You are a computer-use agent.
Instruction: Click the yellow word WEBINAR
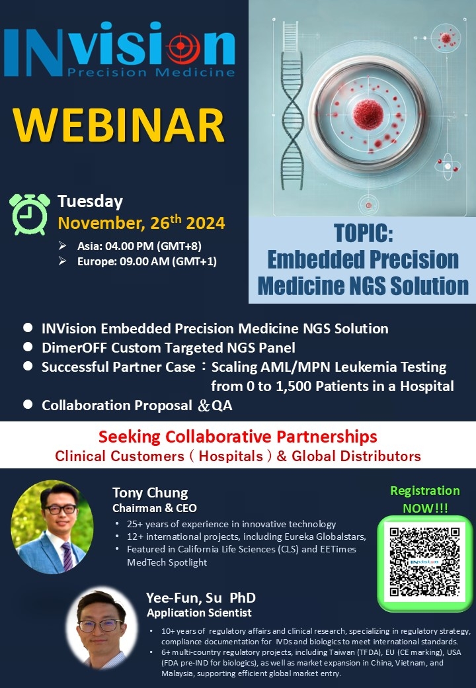pyautogui.click(x=119, y=124)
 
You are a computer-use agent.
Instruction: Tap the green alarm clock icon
pyautogui.click(x=30, y=214)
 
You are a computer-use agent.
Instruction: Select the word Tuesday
pyautogui.click(x=91, y=202)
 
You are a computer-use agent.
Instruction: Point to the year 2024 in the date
pyautogui.click(x=206, y=224)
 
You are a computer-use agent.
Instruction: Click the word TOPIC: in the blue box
pyautogui.click(x=364, y=233)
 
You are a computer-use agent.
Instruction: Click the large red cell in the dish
pyautogui.click(x=368, y=114)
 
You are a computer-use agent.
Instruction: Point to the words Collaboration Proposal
pyautogui.click(x=116, y=406)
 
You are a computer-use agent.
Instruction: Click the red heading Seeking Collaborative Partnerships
pyautogui.click(x=237, y=437)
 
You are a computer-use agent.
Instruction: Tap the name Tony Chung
pyautogui.click(x=150, y=493)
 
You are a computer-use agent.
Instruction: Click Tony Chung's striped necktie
pyautogui.click(x=67, y=556)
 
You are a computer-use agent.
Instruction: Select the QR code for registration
pyautogui.click(x=424, y=562)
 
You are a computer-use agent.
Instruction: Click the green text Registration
pyautogui.click(x=425, y=491)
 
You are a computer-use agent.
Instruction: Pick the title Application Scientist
pyautogui.click(x=200, y=613)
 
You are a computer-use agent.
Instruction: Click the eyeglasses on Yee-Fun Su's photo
pyautogui.click(x=100, y=625)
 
